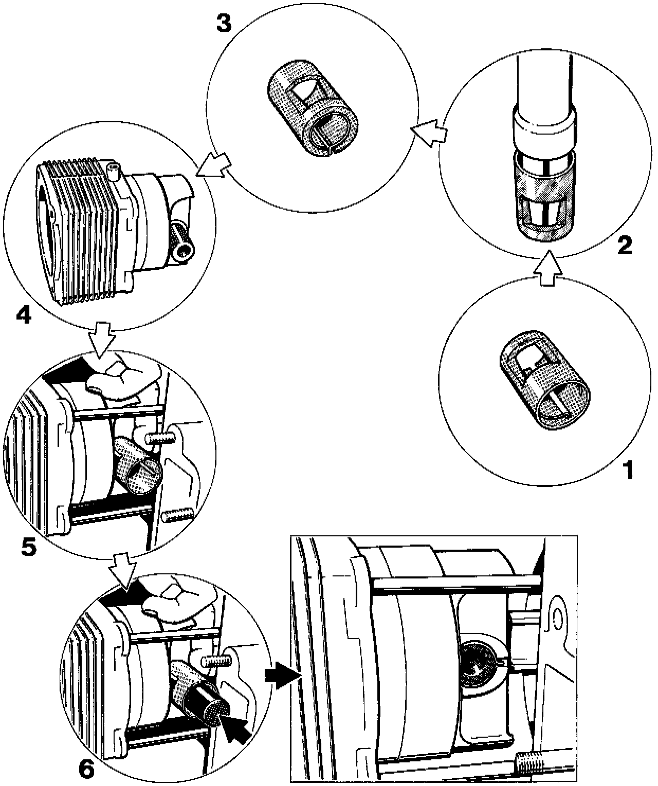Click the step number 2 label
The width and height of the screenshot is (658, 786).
[624, 246]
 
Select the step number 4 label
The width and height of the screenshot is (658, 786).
[23, 314]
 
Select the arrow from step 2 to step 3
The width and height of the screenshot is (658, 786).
[428, 132]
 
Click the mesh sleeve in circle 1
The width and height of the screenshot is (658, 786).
[546, 380]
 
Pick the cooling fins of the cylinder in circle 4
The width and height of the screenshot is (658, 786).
[82, 226]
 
